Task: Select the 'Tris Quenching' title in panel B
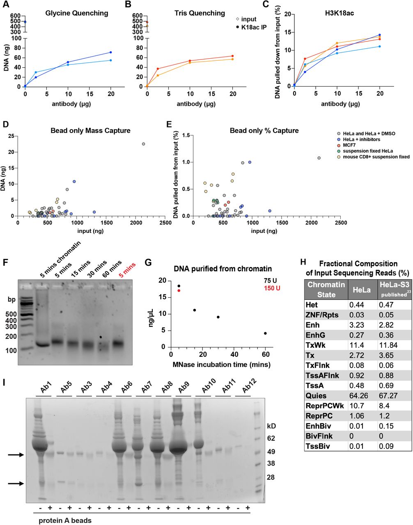pyautogui.click(x=198, y=13)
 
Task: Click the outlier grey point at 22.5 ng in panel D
pyautogui.click(x=143, y=144)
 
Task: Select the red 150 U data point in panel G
pyautogui.click(x=179, y=290)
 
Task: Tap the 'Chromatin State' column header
pyautogui.click(x=327, y=289)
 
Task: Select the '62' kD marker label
pyautogui.click(x=271, y=438)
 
